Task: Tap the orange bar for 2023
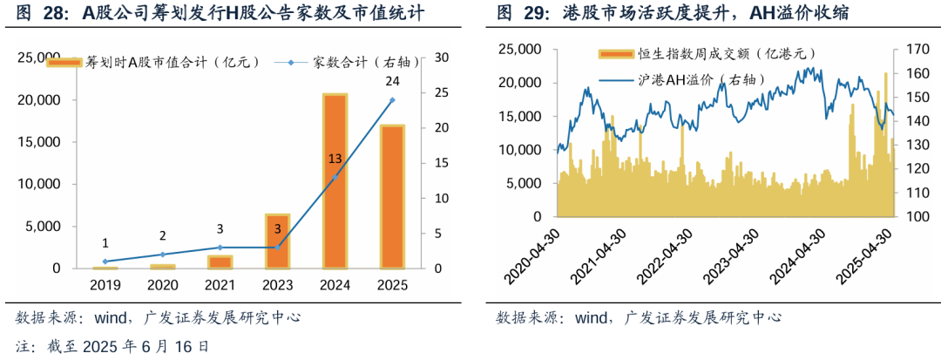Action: (277, 241)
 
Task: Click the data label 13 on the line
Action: (335, 159)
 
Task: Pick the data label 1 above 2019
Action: (105, 243)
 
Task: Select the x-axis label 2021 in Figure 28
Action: (220, 285)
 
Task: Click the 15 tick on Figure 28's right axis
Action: (442, 163)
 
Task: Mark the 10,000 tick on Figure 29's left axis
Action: (521, 150)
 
